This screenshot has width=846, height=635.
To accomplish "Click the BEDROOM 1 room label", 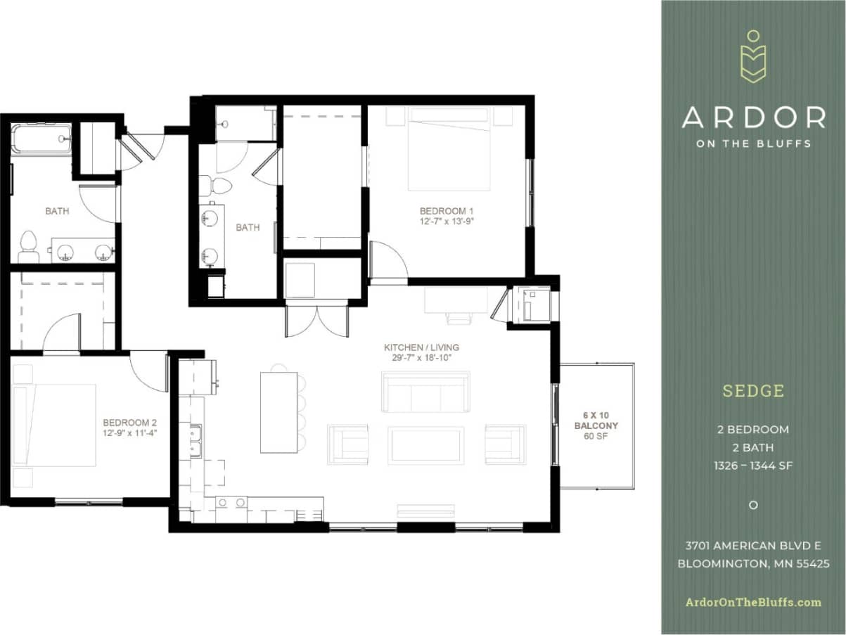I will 447,211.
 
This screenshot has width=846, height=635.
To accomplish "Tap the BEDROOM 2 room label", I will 129,423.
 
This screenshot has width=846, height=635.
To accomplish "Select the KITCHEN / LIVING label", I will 422,347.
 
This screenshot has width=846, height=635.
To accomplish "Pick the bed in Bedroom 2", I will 56,425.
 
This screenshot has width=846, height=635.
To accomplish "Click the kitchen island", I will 278,412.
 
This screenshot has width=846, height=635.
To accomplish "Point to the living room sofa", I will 425,392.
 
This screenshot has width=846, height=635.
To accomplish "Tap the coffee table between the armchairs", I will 425,445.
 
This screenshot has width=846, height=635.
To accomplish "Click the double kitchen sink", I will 195,440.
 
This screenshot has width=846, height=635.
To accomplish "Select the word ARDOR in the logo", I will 753,117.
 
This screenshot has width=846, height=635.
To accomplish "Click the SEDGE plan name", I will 753,391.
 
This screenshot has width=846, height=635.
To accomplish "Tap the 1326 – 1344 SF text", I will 753,466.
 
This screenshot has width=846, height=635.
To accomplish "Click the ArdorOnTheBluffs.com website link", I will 753,602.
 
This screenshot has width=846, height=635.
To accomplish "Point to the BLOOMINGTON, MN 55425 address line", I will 753,563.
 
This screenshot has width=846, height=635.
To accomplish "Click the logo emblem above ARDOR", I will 753,56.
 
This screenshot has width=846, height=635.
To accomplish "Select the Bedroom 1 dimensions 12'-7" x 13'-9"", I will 447,221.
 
